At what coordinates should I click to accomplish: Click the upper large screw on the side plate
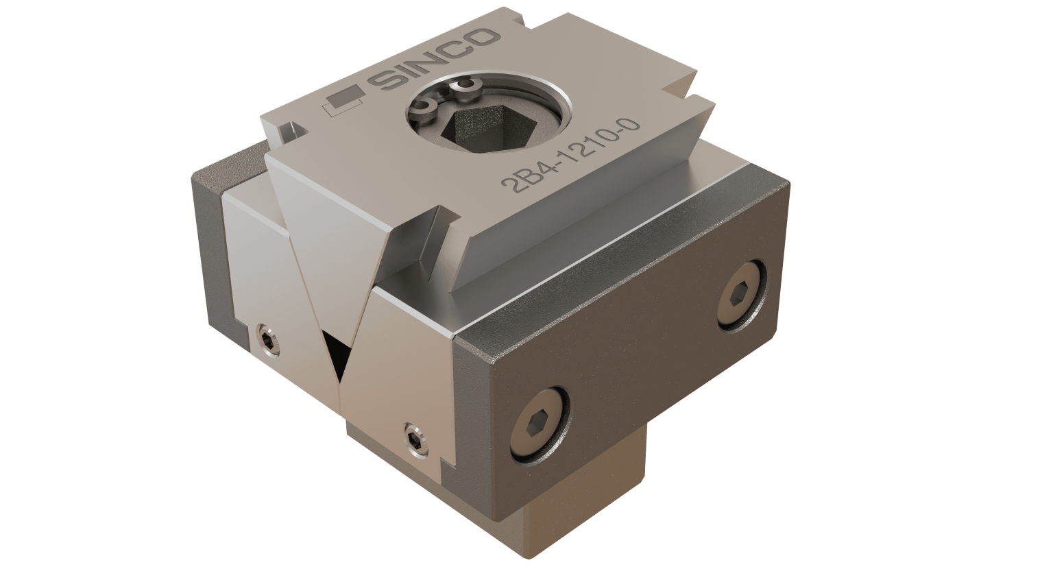pos(738,292)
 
